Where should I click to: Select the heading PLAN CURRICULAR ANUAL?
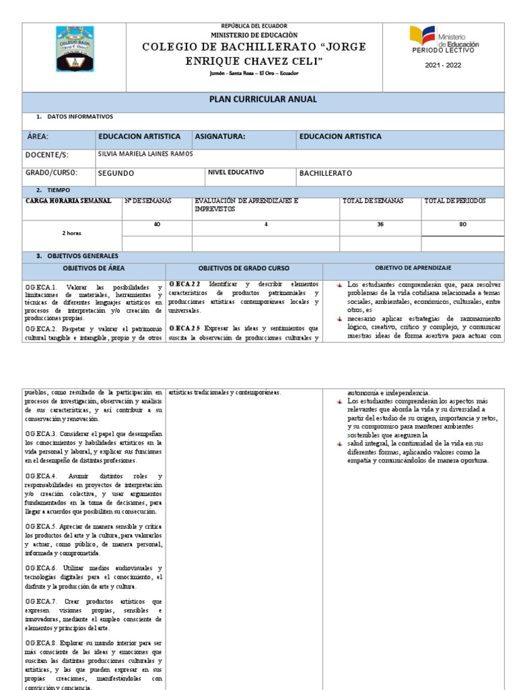(x=263, y=100)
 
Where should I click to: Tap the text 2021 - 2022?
(x=444, y=65)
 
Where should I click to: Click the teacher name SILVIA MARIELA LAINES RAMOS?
(x=145, y=154)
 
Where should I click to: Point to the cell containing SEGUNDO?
(x=116, y=173)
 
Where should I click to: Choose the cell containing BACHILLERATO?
(x=326, y=173)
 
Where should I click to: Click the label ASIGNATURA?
(x=219, y=137)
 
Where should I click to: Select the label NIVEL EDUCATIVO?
(x=236, y=172)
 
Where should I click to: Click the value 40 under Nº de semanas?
(x=157, y=224)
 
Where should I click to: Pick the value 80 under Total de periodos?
(x=462, y=224)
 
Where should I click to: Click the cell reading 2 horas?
(x=71, y=232)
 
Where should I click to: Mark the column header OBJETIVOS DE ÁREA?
(x=94, y=268)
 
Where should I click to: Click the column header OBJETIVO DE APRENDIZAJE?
(x=412, y=268)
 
